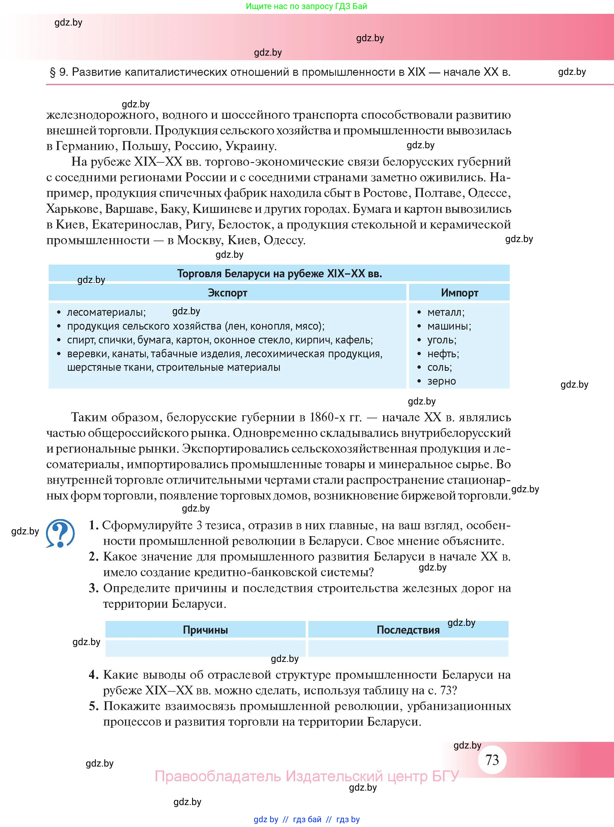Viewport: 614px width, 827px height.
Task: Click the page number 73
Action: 492,759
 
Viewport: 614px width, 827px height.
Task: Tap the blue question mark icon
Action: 60,533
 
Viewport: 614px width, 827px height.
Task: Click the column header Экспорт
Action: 227,293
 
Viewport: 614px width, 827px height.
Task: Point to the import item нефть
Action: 443,354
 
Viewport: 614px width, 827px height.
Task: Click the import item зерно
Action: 441,381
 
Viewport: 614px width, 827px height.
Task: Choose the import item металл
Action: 445,312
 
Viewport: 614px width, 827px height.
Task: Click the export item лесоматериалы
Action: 106,312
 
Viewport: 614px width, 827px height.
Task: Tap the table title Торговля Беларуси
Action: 279,274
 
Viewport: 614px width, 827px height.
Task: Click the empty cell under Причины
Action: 205,648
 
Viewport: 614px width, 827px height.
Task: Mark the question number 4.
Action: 93,675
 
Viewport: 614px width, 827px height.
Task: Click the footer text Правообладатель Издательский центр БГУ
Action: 307,776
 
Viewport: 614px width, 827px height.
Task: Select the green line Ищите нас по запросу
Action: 306,6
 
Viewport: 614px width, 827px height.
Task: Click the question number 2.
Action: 93,557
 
